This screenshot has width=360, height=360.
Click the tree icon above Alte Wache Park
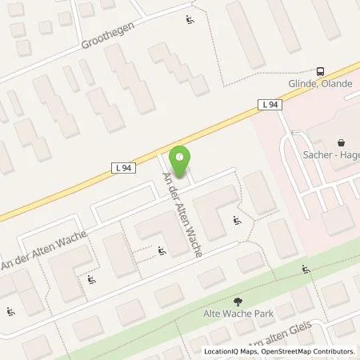click(238, 301)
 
